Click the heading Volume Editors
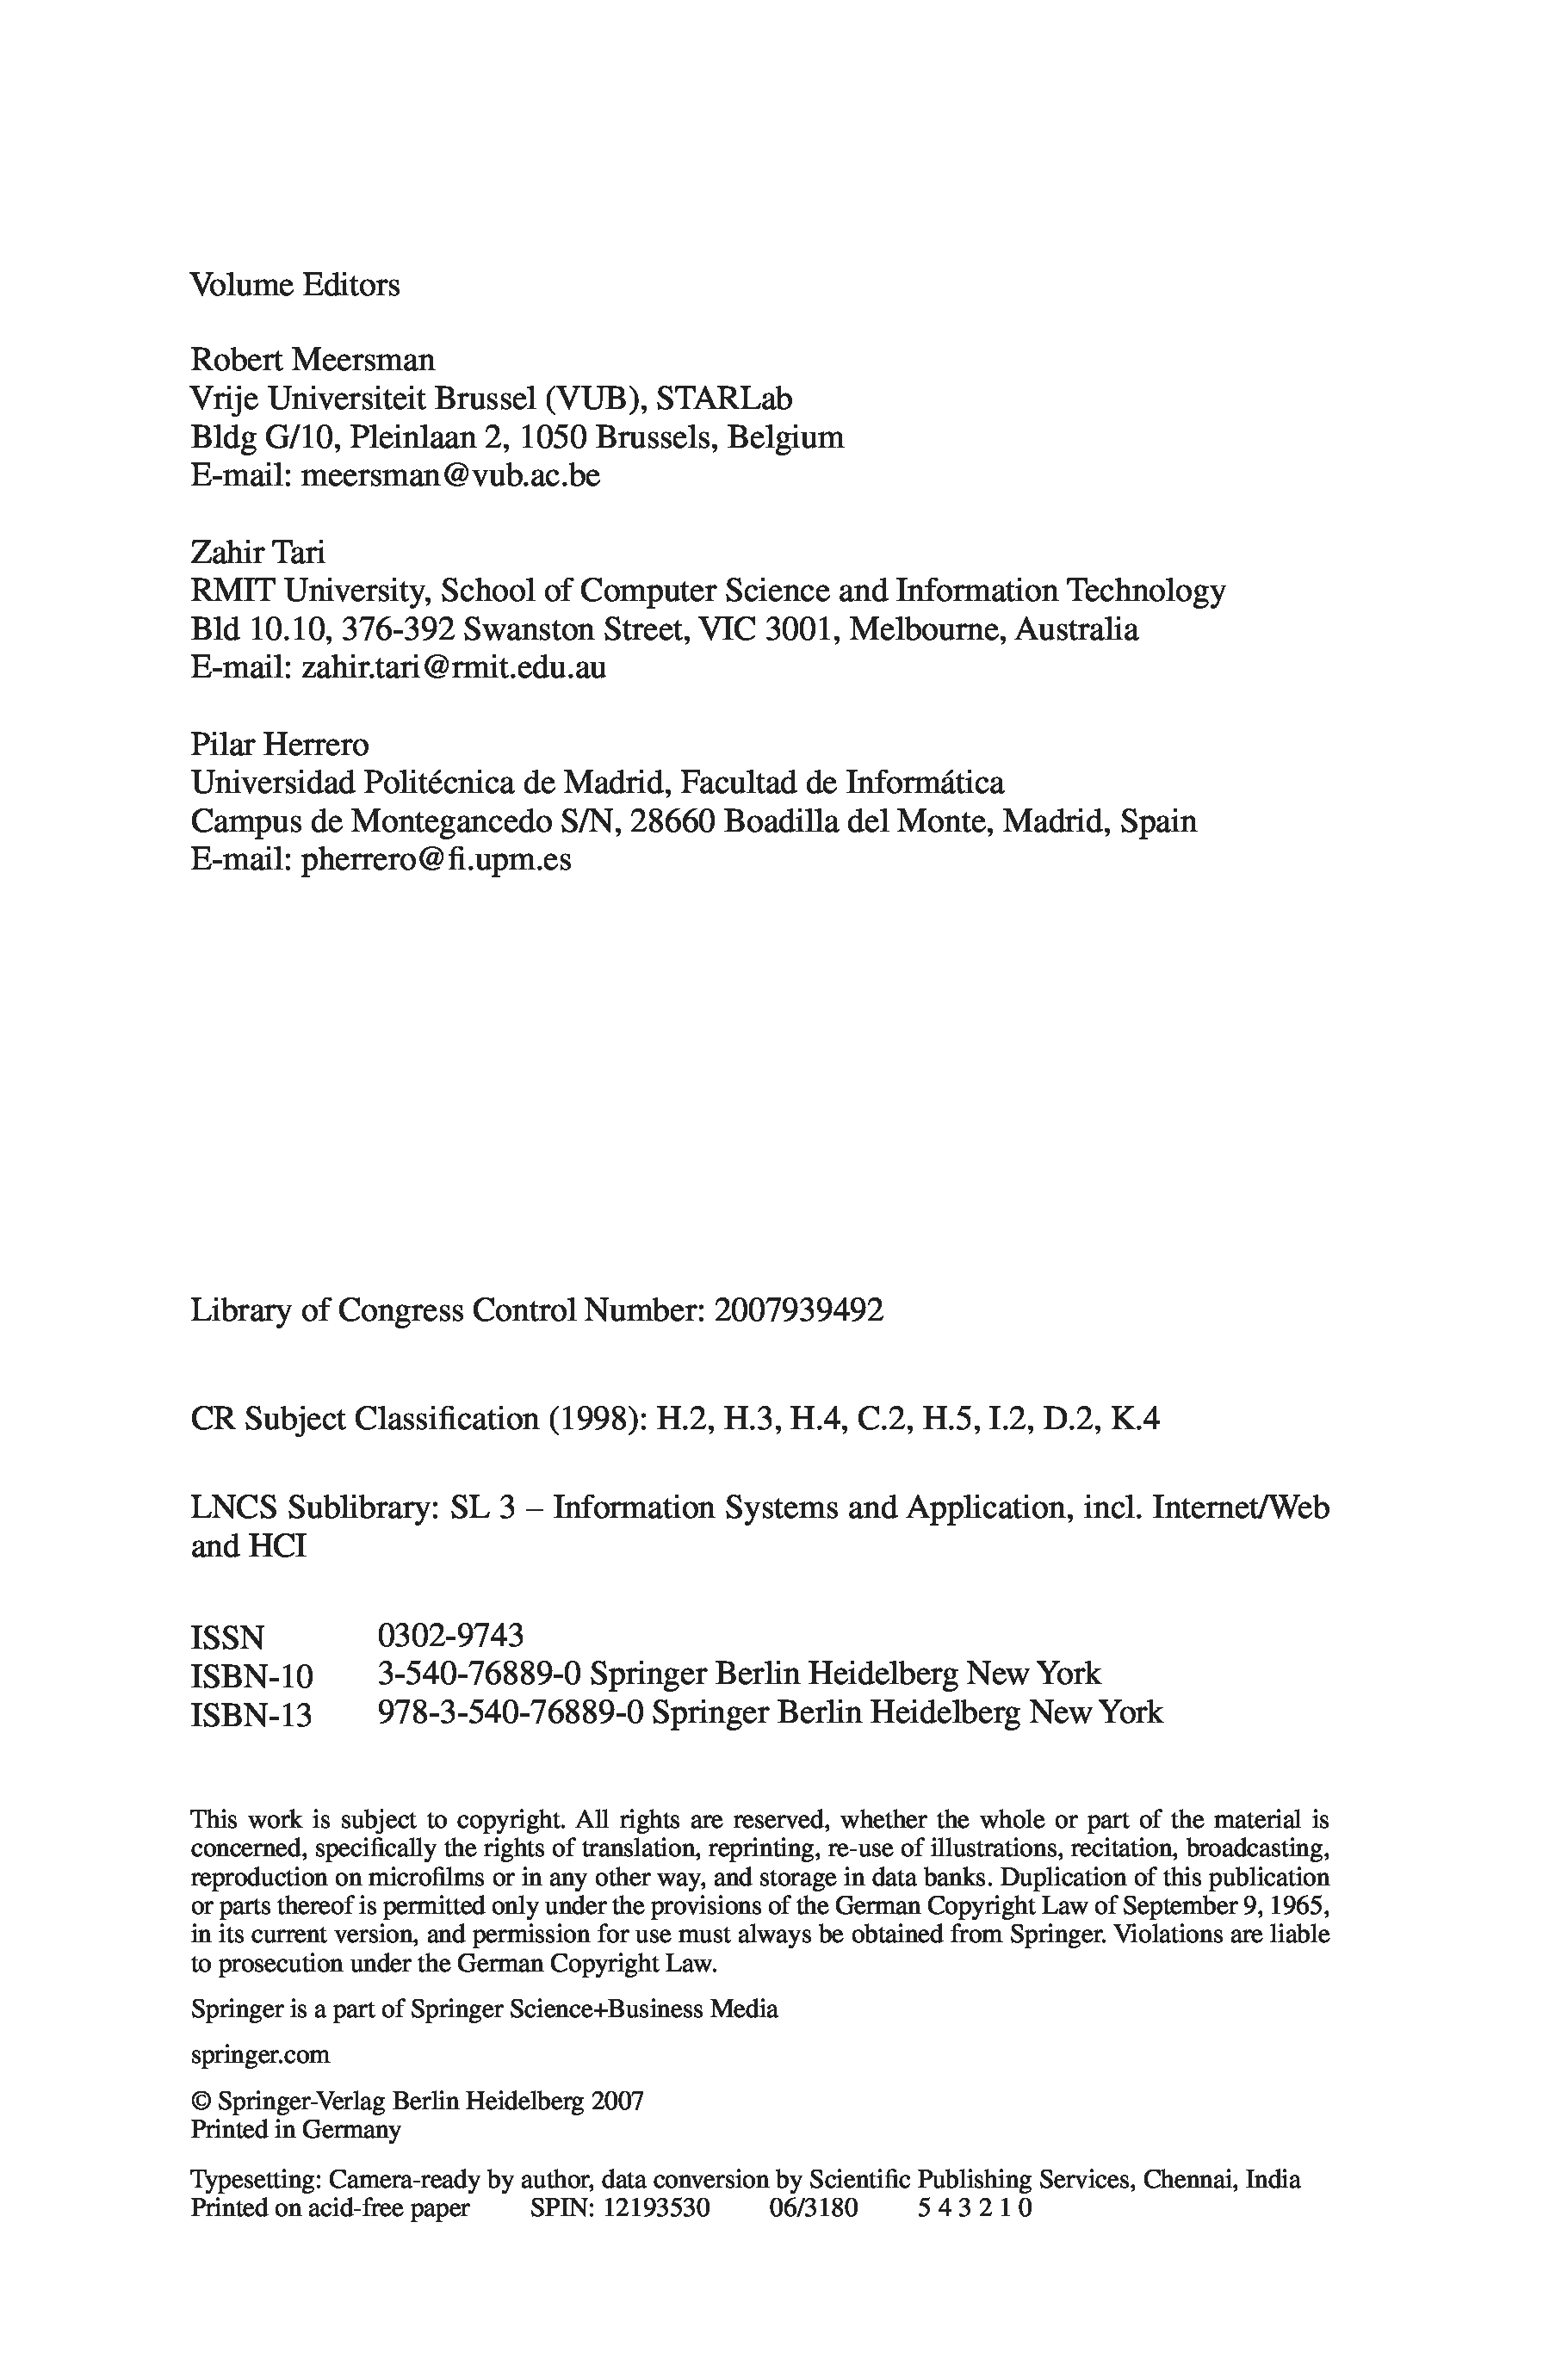coord(294,286)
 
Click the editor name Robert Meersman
coord(313,360)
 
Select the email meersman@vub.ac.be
coord(450,476)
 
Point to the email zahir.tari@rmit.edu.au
coord(453,667)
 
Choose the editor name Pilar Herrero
coord(279,744)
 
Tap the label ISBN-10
coord(251,1675)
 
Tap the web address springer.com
coord(259,2054)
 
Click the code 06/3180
coord(813,2207)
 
